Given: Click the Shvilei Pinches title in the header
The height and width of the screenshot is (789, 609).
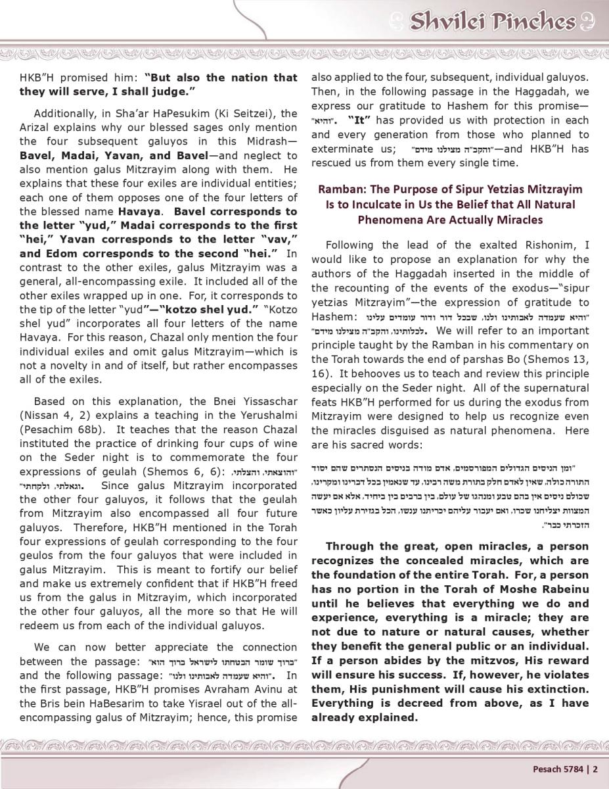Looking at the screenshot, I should click(493, 22).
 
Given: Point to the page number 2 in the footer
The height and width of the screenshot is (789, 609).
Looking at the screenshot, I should click(596, 769).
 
